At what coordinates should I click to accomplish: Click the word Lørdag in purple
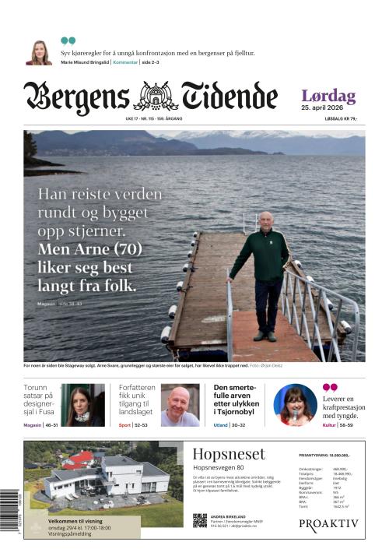pyautogui.click(x=328, y=97)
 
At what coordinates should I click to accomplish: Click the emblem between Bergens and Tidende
pyautogui.click(x=156, y=97)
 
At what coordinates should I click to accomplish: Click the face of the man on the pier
pyautogui.click(x=266, y=220)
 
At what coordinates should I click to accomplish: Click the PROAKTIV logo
pyautogui.click(x=329, y=524)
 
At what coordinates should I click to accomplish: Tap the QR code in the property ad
pyautogui.click(x=200, y=521)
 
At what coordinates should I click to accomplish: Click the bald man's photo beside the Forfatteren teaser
pyautogui.click(x=180, y=406)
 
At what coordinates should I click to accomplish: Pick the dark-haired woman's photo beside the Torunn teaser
pyautogui.click(x=82, y=405)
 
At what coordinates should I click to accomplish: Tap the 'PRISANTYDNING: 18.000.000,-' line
pyautogui.click(x=324, y=455)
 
